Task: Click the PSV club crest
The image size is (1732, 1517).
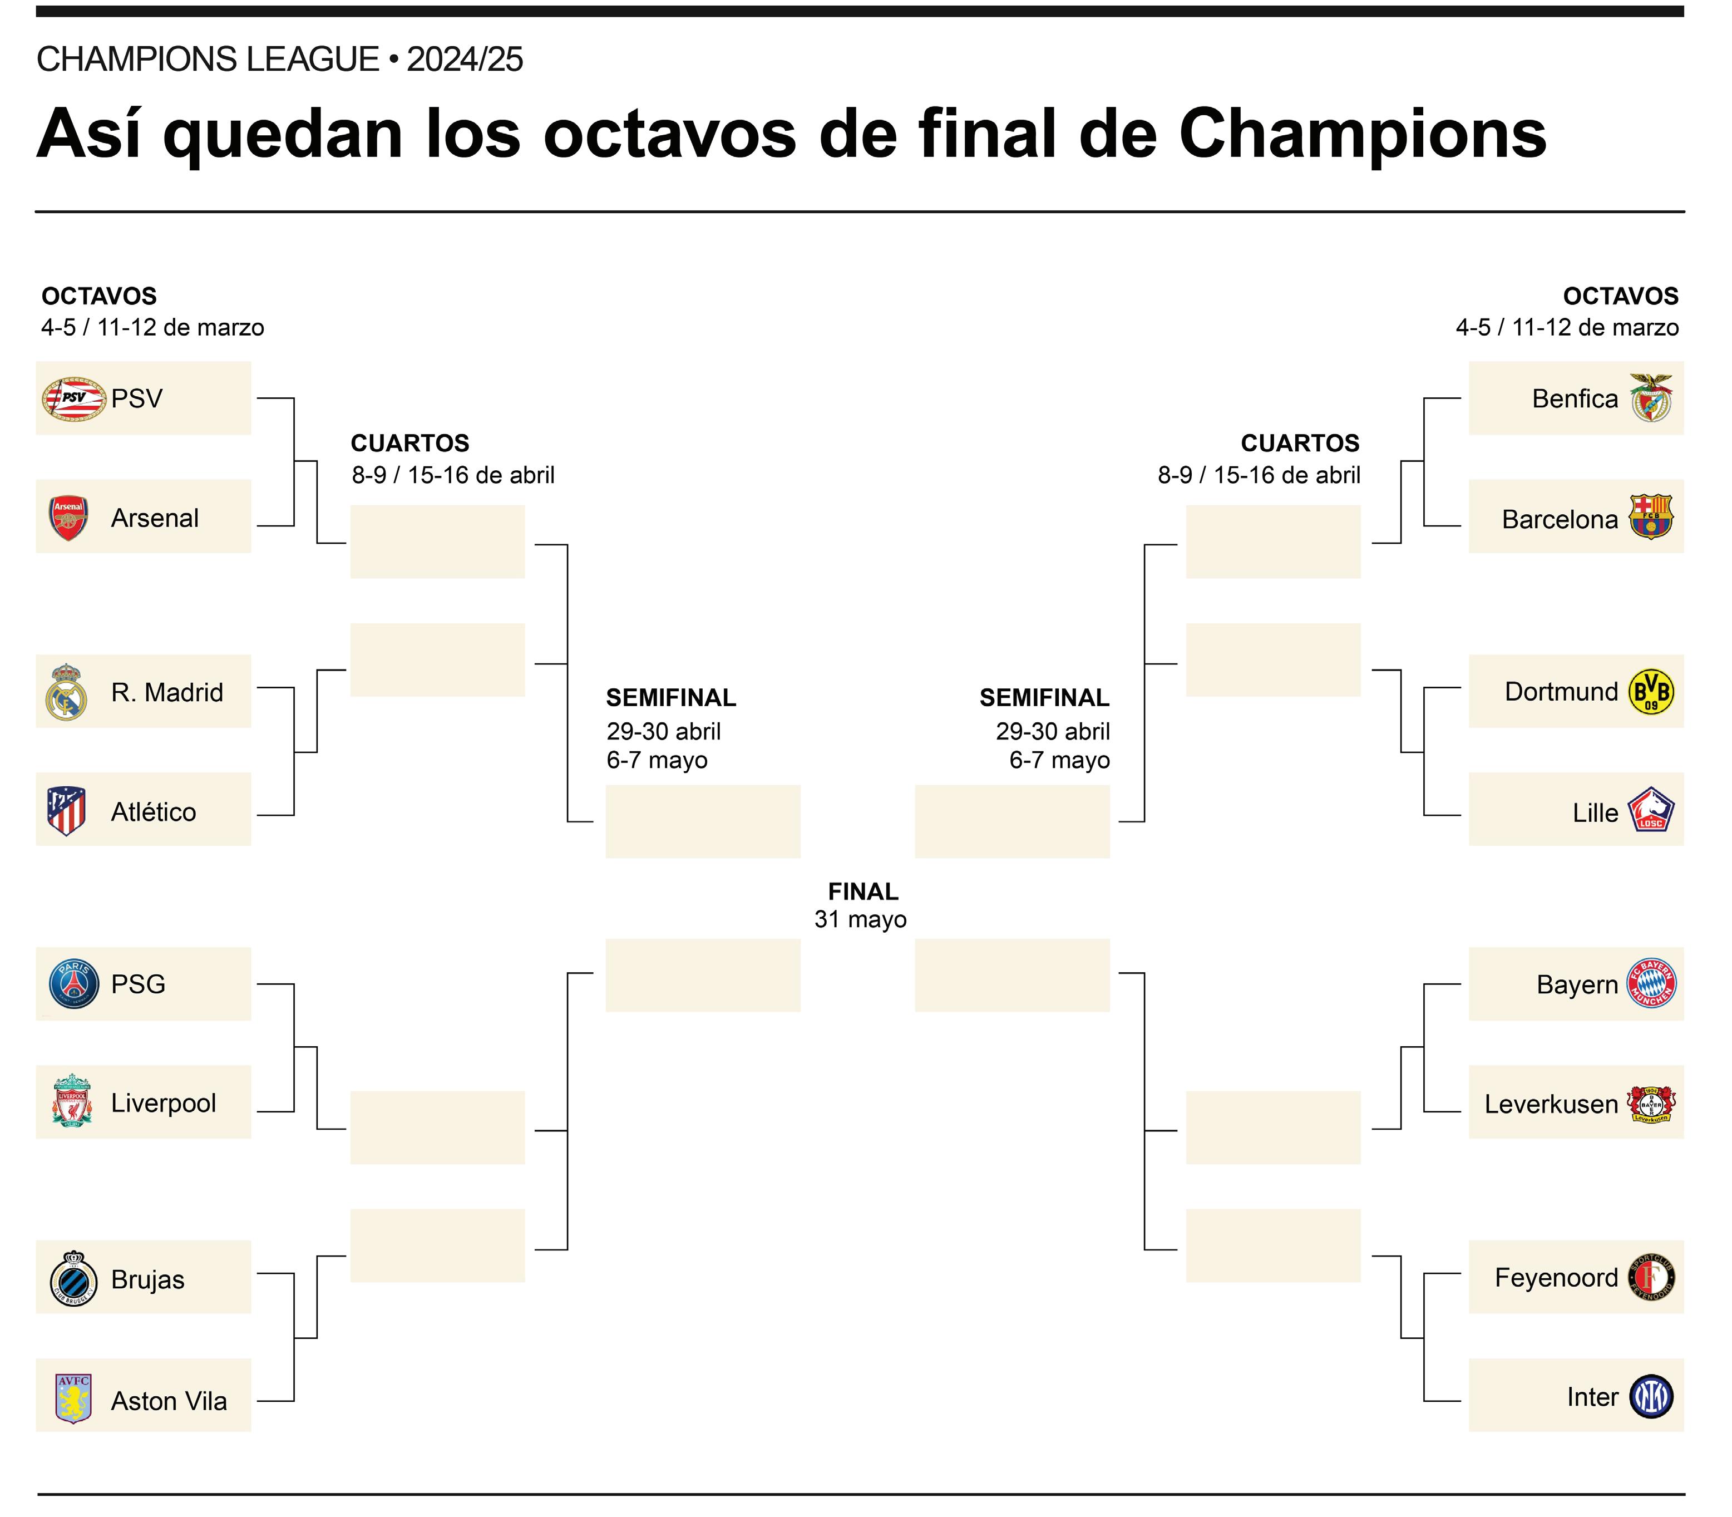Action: (75, 398)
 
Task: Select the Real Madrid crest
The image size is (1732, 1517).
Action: (67, 692)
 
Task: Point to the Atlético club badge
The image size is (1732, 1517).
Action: (67, 810)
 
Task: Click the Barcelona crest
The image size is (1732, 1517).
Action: (1651, 516)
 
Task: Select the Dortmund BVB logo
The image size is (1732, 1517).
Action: (1651, 692)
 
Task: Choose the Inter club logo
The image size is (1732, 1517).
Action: (1651, 1397)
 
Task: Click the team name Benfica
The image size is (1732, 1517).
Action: (1575, 398)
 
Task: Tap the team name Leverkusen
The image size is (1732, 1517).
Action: (1551, 1104)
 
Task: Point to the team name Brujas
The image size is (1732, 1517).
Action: (147, 1279)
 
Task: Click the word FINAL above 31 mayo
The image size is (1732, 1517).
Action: (862, 892)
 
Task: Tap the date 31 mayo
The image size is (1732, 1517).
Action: (860, 919)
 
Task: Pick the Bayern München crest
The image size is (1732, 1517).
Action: (1651, 984)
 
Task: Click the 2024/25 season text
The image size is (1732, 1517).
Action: (465, 59)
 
